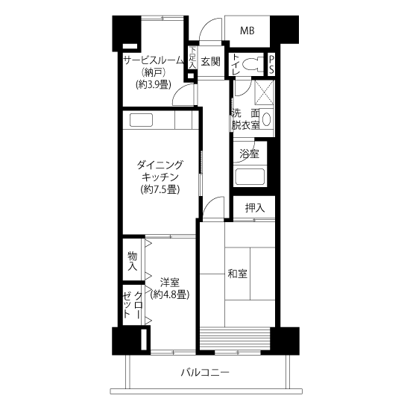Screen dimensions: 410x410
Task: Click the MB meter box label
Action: pos(247,31)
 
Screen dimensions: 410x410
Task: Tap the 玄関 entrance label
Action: pos(210,61)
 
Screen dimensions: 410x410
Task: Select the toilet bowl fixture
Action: pos(252,63)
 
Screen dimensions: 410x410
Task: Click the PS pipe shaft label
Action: pos(271,64)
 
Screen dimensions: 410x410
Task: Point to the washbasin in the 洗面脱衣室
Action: pos(266,120)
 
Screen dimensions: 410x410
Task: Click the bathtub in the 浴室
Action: pos(250,177)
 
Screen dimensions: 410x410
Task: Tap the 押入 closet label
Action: pos(255,208)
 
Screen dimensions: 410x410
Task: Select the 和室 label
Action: pos(237,274)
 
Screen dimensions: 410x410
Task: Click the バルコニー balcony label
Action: pos(205,372)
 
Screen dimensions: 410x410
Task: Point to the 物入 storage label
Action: pos(132,262)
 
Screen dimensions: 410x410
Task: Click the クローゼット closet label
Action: pos(133,305)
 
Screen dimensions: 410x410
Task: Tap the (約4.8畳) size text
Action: pos(170,295)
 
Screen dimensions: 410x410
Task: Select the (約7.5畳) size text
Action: pos(160,189)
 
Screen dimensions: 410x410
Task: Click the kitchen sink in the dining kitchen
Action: pos(141,120)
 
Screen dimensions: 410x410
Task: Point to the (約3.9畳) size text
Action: pos(154,84)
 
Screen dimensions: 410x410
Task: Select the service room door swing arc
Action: pos(180,89)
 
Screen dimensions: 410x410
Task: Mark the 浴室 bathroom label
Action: pos(250,154)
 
